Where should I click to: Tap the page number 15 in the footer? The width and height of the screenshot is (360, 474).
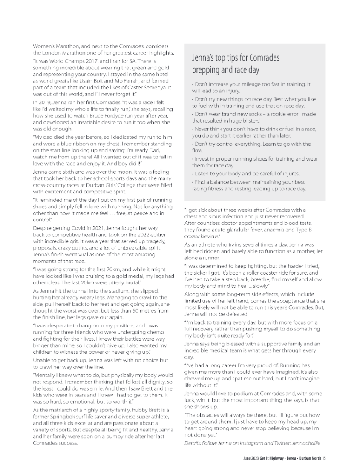324,458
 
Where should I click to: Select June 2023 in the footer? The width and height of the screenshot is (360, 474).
248,458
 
